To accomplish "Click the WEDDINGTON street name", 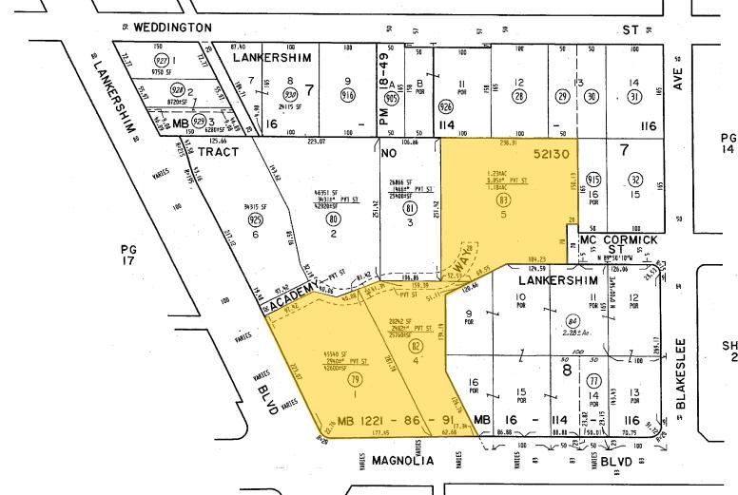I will click(x=172, y=29).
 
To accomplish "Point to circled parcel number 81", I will click(x=410, y=208).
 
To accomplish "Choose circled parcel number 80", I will click(x=333, y=219).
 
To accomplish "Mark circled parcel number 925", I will click(x=255, y=220).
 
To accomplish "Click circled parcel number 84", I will click(x=572, y=322).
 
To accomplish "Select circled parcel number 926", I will click(x=446, y=107).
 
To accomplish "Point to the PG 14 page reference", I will click(x=728, y=143).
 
